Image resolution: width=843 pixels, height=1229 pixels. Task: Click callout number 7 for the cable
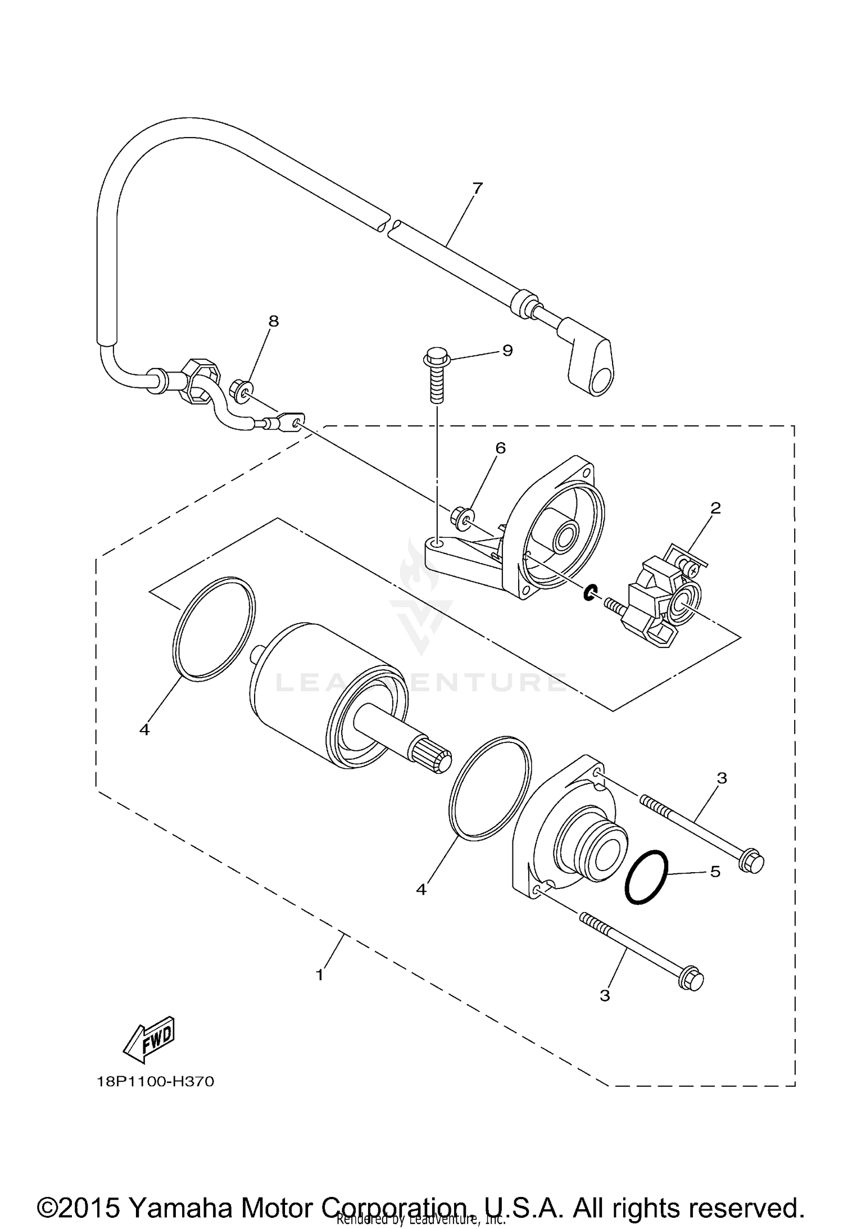477,188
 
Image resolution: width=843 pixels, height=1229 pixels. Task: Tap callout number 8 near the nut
273,321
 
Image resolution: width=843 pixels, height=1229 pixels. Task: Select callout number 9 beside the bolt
507,351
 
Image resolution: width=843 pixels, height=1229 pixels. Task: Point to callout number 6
500,448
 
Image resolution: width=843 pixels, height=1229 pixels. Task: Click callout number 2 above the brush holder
715,508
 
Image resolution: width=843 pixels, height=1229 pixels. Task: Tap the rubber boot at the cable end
589,359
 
